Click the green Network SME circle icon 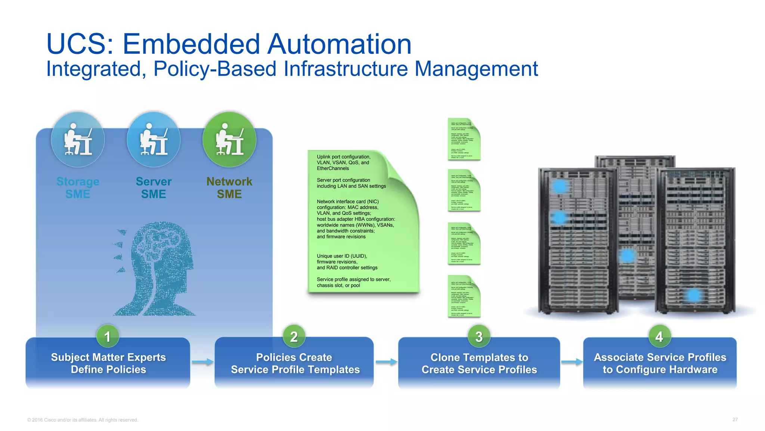229,140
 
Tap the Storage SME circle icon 78,140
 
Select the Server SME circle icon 154,140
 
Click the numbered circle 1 108,336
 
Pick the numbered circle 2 294,336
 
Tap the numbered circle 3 479,336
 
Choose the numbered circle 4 659,336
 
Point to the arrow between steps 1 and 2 202,362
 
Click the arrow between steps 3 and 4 572,362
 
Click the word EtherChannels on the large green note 333,168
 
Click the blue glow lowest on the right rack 694,295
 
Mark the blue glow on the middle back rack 627,256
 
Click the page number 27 735,419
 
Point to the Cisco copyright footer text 83,420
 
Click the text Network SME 229,187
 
